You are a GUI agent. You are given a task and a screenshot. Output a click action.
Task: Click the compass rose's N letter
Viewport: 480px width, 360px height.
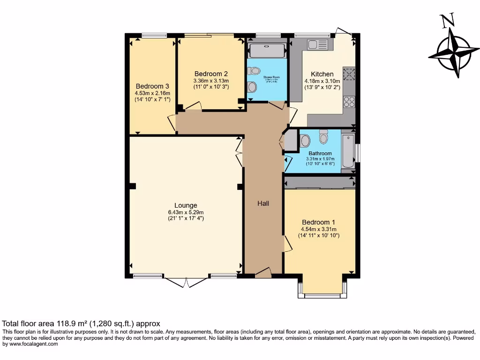coord(448,20)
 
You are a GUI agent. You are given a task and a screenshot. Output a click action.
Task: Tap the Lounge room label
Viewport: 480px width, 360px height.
coord(186,205)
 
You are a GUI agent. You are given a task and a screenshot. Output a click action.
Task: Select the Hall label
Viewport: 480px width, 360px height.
coord(262,203)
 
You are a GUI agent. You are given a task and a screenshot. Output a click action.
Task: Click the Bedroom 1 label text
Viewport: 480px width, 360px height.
coord(318,222)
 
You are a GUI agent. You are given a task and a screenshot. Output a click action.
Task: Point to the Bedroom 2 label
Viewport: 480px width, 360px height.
coord(211,74)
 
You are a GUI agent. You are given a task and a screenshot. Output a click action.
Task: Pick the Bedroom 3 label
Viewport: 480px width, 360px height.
coord(152,86)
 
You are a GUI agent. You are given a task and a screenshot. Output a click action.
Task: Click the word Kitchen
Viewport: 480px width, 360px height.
coord(322,74)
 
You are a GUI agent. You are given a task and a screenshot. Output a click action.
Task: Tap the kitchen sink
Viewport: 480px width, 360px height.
coord(319,45)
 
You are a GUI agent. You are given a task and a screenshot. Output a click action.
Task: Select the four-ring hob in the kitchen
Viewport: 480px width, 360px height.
coord(349,102)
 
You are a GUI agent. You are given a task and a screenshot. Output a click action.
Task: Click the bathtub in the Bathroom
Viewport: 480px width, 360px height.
coord(348,150)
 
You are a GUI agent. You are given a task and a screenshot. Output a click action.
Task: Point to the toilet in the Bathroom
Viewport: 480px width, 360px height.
coord(323,136)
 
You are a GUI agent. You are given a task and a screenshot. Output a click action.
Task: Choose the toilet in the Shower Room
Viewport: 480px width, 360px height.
coord(255,71)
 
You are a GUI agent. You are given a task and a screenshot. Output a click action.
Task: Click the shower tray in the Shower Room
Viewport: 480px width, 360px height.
coord(267,51)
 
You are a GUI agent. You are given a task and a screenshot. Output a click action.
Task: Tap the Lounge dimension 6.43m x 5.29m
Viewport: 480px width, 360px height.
coord(186,212)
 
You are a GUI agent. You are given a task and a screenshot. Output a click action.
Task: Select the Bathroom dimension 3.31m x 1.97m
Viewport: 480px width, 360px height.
coord(320,159)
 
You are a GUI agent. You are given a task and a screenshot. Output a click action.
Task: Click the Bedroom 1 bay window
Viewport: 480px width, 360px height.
coord(322,294)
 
